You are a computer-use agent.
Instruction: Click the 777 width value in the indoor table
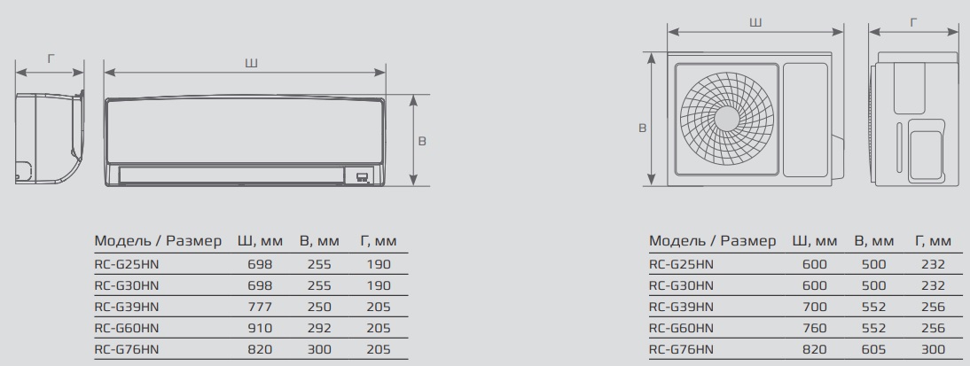pyautogui.click(x=260, y=307)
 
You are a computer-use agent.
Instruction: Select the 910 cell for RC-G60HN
pyautogui.click(x=260, y=328)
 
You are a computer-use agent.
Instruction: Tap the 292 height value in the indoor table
pyautogui.click(x=319, y=328)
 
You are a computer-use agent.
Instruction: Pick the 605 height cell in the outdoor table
pyautogui.click(x=873, y=349)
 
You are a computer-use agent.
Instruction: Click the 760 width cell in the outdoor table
pyautogui.click(x=814, y=328)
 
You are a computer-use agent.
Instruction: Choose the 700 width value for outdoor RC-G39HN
pyautogui.click(x=814, y=307)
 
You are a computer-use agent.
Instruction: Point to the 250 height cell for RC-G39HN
pyautogui.click(x=319, y=307)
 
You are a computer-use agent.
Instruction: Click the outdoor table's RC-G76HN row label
pyautogui.click(x=681, y=349)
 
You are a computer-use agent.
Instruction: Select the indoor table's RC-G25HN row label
pyautogui.click(x=126, y=265)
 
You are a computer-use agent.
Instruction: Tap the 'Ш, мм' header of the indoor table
pyautogui.click(x=260, y=241)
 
